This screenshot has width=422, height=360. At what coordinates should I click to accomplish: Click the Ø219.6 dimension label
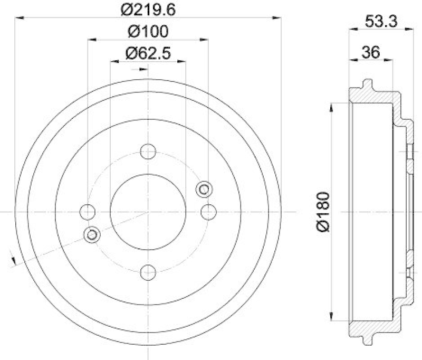click(147, 10)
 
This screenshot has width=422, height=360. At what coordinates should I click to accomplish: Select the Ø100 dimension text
click(148, 32)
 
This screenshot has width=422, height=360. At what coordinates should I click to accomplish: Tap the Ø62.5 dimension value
click(148, 53)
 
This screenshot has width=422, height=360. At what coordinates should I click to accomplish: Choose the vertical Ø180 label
click(323, 211)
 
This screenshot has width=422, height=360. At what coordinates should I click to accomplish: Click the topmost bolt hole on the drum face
click(148, 151)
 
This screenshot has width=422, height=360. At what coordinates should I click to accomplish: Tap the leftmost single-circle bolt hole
click(87, 212)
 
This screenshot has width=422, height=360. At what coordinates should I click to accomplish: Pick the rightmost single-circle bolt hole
click(209, 212)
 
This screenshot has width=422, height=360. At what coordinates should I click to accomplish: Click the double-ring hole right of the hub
click(204, 188)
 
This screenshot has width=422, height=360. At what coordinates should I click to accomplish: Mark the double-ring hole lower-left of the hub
click(92, 234)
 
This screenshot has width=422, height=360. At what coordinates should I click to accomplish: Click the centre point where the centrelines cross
click(148, 212)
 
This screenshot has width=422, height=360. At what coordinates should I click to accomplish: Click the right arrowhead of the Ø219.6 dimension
click(276, 17)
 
